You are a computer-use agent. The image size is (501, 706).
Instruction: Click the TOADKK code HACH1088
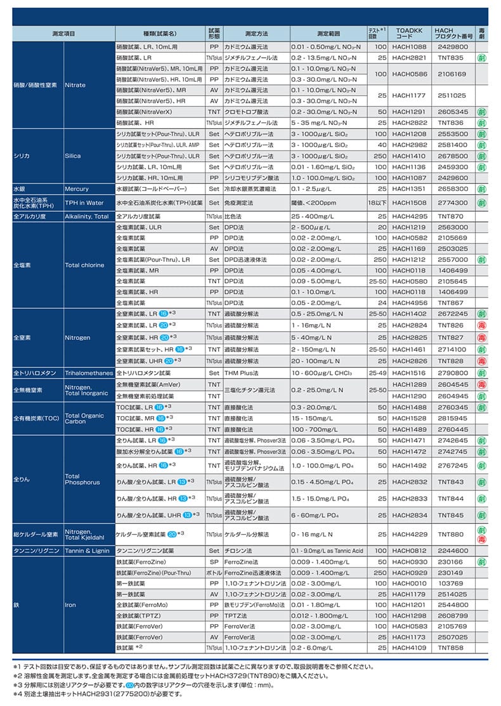click(409, 47)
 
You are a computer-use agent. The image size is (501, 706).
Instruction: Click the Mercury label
click(77, 189)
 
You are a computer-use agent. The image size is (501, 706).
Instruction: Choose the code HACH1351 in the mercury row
click(409, 189)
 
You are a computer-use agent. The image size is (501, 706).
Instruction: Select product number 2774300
click(452, 203)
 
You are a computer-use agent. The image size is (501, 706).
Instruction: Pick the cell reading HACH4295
click(409, 216)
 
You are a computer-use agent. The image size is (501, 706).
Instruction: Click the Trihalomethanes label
click(89, 373)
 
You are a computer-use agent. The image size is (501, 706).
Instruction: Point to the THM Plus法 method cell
click(242, 373)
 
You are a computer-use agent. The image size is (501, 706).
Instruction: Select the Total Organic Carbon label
click(84, 419)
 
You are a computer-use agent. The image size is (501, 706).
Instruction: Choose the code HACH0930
click(409, 562)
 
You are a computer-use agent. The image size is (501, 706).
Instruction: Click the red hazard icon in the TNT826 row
click(482, 325)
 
